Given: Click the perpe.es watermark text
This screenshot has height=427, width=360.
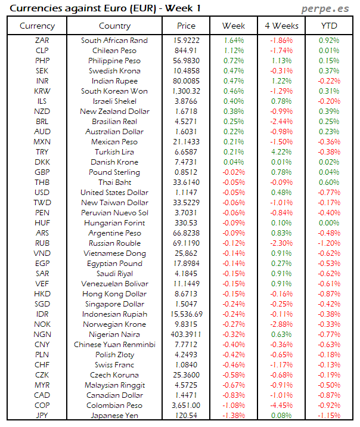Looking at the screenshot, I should (x=327, y=8).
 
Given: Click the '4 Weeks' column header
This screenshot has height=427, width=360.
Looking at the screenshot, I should (x=281, y=26).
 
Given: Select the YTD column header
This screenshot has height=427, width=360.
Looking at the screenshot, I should (x=329, y=26).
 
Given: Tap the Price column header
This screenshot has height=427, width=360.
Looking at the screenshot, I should (x=186, y=26).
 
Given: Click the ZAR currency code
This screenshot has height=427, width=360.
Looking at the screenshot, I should (x=42, y=41).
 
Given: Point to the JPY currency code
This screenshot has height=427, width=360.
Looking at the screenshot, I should (x=42, y=416).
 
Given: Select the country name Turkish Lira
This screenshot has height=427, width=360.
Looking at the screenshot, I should (x=114, y=152).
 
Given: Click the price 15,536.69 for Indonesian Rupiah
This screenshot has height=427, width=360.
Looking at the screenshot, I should (x=186, y=314).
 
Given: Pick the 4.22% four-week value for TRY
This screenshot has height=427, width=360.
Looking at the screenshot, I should (x=281, y=152).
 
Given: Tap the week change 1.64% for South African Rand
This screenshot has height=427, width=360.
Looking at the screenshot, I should (x=234, y=41).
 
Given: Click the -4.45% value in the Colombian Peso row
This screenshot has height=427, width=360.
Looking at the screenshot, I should (x=281, y=406).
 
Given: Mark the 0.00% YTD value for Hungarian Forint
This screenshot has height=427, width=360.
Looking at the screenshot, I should (x=329, y=223).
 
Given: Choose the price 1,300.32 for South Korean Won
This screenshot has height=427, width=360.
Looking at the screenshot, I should (x=186, y=91).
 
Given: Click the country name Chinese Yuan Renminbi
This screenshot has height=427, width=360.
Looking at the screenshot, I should (x=114, y=345).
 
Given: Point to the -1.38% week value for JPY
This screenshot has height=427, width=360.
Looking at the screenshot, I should (x=234, y=416).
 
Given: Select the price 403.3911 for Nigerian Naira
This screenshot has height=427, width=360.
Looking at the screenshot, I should (x=186, y=335).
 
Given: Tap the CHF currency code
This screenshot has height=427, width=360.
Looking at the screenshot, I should (x=42, y=365).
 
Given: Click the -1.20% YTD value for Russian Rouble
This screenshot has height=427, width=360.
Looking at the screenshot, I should (x=329, y=243).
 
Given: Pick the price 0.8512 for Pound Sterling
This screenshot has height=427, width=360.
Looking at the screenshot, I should (x=186, y=172).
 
